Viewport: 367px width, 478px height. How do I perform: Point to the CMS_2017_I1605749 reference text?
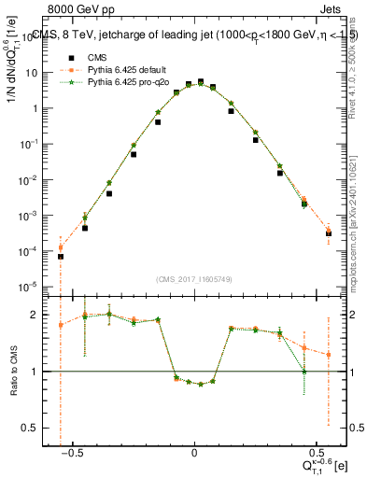[194, 278]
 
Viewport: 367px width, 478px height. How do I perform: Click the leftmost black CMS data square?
[60, 256]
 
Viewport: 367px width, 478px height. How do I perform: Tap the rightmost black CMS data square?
[329, 232]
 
